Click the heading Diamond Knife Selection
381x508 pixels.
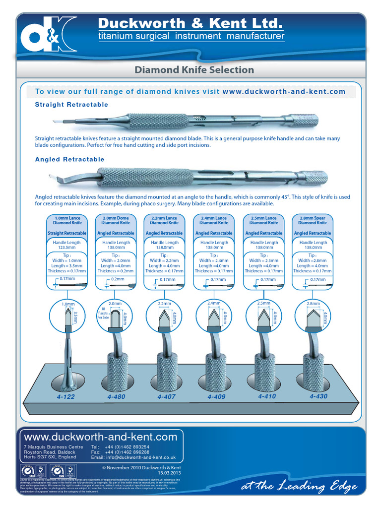coord(194,70)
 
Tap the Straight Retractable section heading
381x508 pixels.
coord(71,105)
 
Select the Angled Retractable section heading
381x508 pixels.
coord(69,159)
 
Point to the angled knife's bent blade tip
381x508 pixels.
coord(54,177)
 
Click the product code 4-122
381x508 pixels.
coord(66,397)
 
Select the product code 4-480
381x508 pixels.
coord(116,397)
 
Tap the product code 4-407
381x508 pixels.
coord(167,397)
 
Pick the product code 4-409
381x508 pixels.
coord(217,397)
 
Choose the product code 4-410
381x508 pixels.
coord(267,396)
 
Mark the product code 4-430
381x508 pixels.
coord(318,396)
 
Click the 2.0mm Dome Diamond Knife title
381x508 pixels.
coord(116,220)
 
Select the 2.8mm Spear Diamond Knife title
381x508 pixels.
coord(313,220)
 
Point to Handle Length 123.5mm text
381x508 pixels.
coord(67,245)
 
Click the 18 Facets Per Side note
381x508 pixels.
coord(104,313)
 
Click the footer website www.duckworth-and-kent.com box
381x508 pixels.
coord(101,437)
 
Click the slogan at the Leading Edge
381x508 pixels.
coord(299,487)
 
